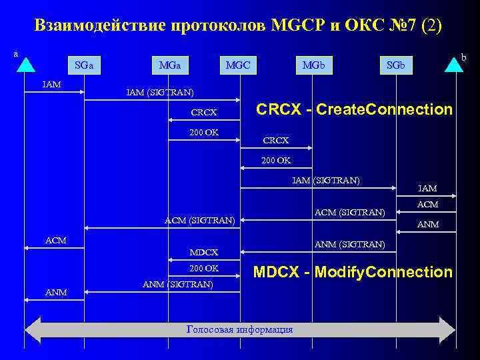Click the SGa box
coord(84,66)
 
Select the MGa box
coord(169,66)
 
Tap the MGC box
coord(238,66)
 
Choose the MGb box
coord(313,66)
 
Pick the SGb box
coord(396,66)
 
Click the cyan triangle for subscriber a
coord(25,64)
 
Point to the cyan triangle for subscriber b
coord(455,64)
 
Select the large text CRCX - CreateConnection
coord(355,109)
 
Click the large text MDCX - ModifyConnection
coord(353,272)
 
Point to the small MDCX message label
coord(204,252)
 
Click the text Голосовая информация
coord(239,329)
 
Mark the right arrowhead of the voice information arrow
coord(447,330)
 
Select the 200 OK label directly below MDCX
coord(203,268)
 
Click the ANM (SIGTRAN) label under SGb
coord(350,245)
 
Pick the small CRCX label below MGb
coord(276,141)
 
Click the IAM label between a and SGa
coord(51,85)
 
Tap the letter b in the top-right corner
coord(465,58)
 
